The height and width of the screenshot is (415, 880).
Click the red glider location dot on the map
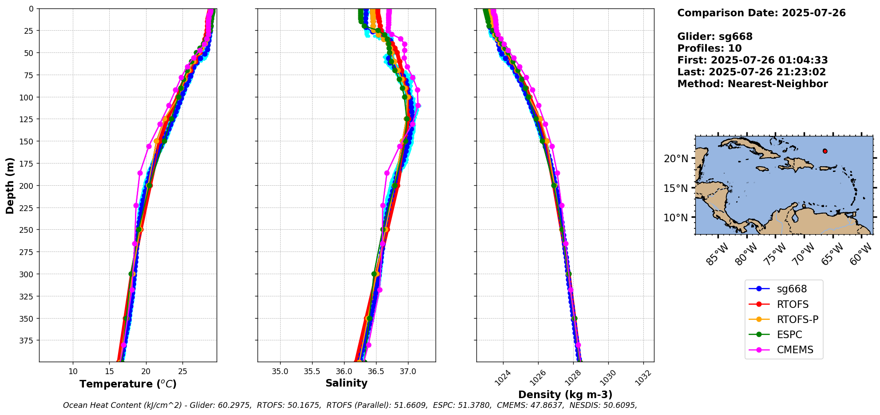point(825,151)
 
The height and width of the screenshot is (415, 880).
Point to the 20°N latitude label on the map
point(676,159)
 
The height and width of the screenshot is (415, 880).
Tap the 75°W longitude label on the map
point(776,254)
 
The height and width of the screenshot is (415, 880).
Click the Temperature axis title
point(128,384)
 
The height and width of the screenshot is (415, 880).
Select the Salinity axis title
point(346,383)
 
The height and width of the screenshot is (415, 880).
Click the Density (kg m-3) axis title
point(565,395)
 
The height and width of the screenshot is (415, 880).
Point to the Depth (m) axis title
point(10,185)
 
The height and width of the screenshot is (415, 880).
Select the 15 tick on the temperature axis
point(110,371)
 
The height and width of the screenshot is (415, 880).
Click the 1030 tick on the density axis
point(608,378)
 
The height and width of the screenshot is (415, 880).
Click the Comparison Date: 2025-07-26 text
point(761,13)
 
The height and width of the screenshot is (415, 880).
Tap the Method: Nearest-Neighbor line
point(753,84)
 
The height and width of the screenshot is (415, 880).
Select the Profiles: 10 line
point(710,48)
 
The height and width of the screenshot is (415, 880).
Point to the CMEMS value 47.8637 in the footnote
point(549,405)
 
